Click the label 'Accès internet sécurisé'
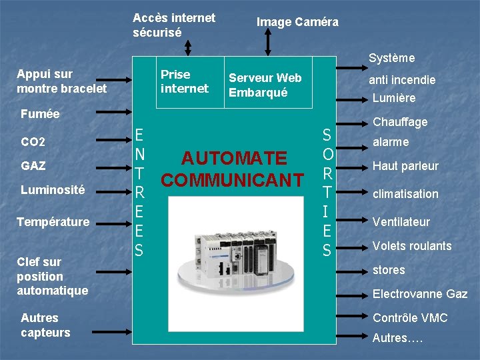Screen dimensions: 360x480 pyautogui.click(x=173, y=25)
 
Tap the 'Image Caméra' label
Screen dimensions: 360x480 pyautogui.click(x=297, y=22)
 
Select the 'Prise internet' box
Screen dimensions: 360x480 pyautogui.click(x=185, y=81)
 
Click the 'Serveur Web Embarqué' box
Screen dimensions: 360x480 pyautogui.click(x=265, y=85)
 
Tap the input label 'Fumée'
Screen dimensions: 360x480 pyautogui.click(x=40, y=114)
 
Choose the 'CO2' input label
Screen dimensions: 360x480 pyautogui.click(x=33, y=143)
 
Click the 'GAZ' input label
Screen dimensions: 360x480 pyautogui.click(x=33, y=165)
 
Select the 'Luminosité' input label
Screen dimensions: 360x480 pyautogui.click(x=53, y=190)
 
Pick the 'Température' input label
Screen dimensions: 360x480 pyautogui.click(x=53, y=221)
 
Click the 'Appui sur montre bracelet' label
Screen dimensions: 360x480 pyautogui.click(x=61, y=81)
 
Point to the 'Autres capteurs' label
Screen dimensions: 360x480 pyautogui.click(x=45, y=325)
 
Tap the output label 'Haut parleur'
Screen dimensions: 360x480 pyautogui.click(x=405, y=166)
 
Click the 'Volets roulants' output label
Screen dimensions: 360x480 pyautogui.click(x=412, y=246)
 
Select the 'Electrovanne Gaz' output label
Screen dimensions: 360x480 pyautogui.click(x=420, y=294)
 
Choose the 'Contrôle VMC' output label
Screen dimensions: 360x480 pyautogui.click(x=410, y=318)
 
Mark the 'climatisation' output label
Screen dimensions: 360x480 pyautogui.click(x=405, y=194)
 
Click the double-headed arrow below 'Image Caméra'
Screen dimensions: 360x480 pyautogui.click(x=269, y=43)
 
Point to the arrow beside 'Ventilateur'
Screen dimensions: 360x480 pyautogui.click(x=351, y=219)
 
